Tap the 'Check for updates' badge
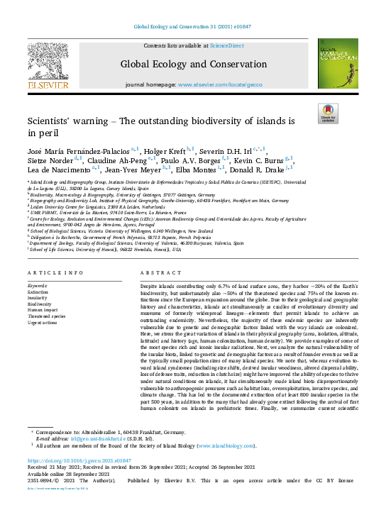pos(327,113)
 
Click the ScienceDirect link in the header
pos(226,45)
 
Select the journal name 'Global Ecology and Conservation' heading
pos(194,65)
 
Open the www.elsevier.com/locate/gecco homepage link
pos(219,84)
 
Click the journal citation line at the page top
pos(193,27)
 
